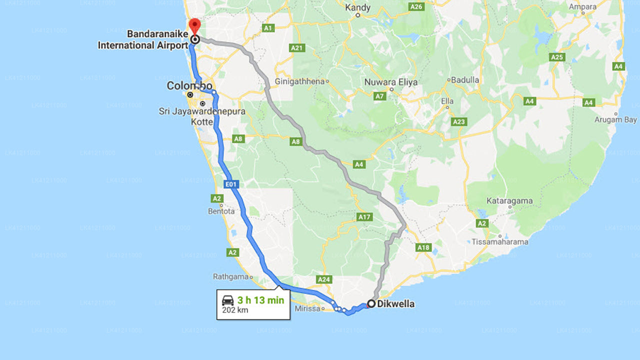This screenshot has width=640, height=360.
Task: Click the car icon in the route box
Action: click(228, 300)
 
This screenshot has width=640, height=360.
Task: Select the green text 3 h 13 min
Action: click(260, 300)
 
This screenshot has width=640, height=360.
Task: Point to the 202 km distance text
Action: click(235, 310)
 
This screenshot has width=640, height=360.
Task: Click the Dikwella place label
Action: click(396, 303)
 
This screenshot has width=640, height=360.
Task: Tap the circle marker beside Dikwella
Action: click(371, 303)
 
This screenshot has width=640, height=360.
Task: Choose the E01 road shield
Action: click(230, 185)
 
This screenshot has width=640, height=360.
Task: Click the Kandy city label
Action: click(358, 7)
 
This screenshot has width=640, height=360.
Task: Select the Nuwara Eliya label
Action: click(391, 82)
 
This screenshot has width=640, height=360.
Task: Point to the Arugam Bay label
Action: click(615, 120)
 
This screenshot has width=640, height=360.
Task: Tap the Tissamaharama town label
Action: click(500, 242)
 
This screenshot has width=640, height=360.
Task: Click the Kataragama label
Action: click(509, 201)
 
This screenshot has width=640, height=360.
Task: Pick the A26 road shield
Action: click(416, 6)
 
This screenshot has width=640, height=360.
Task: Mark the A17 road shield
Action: click(364, 217)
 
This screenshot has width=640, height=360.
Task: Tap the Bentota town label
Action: click(221, 211)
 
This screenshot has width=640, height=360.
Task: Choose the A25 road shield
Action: click(557, 57)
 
